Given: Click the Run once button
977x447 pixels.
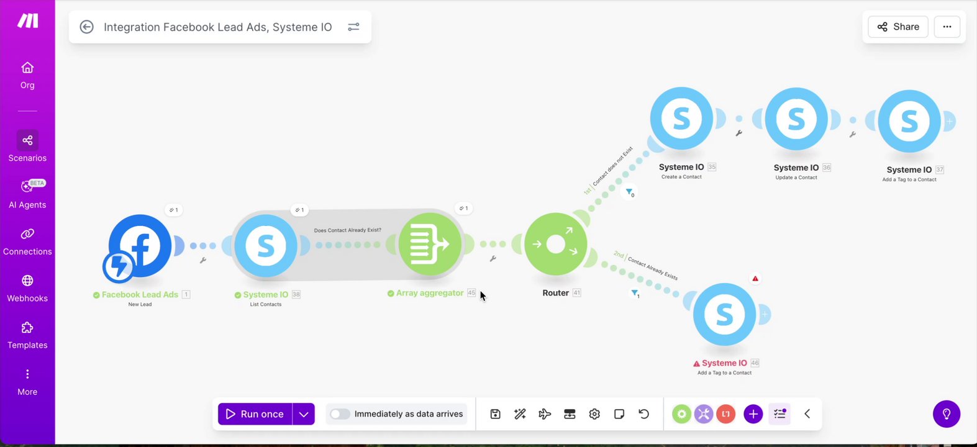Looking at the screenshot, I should pyautogui.click(x=255, y=414).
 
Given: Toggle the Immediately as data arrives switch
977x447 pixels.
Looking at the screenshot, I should pyautogui.click(x=340, y=414).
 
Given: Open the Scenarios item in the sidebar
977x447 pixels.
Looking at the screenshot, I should pyautogui.click(x=27, y=147).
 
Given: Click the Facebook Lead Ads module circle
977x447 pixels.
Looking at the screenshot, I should pyautogui.click(x=140, y=246).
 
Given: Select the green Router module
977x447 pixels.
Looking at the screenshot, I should pyautogui.click(x=555, y=245).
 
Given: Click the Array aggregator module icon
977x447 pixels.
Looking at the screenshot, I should pyautogui.click(x=430, y=244).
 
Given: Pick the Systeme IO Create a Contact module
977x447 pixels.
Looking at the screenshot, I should pyautogui.click(x=681, y=119).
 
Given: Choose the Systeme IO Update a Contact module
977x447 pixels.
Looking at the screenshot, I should pyautogui.click(x=796, y=119).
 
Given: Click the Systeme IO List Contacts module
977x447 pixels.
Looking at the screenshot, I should pyautogui.click(x=266, y=246).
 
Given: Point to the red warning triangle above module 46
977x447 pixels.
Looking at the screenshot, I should pyautogui.click(x=755, y=279).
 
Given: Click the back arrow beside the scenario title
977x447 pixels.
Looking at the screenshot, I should pyautogui.click(x=87, y=27).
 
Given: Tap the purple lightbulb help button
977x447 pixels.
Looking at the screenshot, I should pyautogui.click(x=947, y=413).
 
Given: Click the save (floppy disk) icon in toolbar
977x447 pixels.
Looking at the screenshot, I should pyautogui.click(x=495, y=414).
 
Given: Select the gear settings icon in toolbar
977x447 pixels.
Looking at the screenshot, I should pyautogui.click(x=594, y=414).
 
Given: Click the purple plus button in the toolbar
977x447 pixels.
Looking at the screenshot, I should pyautogui.click(x=753, y=414).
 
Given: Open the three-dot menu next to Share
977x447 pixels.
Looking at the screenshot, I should pyautogui.click(x=947, y=27).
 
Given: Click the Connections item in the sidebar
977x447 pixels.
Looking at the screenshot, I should pyautogui.click(x=27, y=241).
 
